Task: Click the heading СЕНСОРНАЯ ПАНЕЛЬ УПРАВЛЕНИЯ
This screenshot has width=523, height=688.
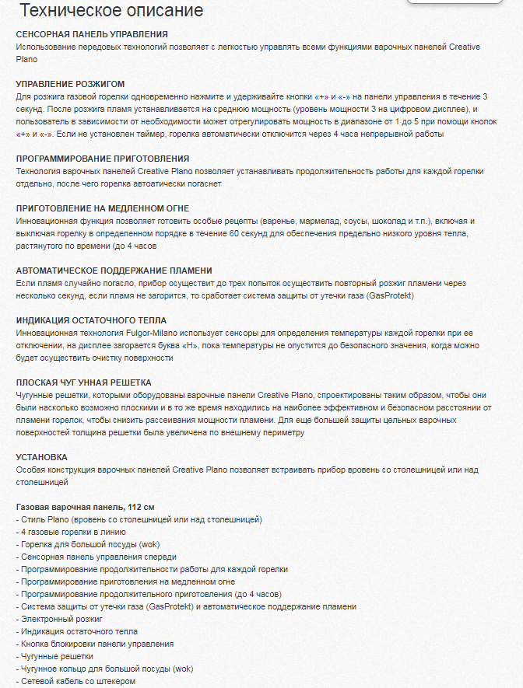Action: tap(92, 34)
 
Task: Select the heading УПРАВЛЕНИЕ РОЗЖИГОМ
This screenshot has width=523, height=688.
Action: tap(70, 84)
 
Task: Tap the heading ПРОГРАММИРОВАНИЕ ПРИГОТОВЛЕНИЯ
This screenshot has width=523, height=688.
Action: tap(103, 159)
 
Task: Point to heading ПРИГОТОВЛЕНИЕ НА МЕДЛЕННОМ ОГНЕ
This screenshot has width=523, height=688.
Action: tap(102, 208)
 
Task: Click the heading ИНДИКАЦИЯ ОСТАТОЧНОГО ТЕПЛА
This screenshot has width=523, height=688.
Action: tap(91, 320)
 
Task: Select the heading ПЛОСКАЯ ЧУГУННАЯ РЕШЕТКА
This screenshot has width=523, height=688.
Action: tap(83, 382)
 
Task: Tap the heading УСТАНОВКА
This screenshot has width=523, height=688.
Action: tap(41, 457)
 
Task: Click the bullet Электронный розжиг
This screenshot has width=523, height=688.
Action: tap(59, 620)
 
